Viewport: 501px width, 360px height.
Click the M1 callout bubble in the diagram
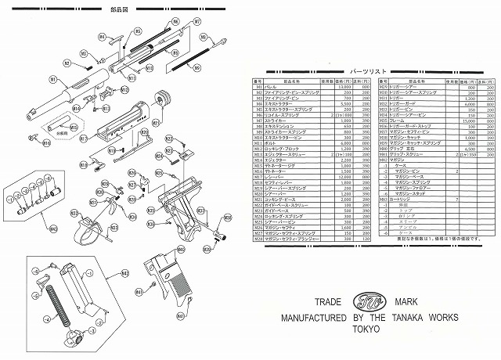(x=52, y=79)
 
